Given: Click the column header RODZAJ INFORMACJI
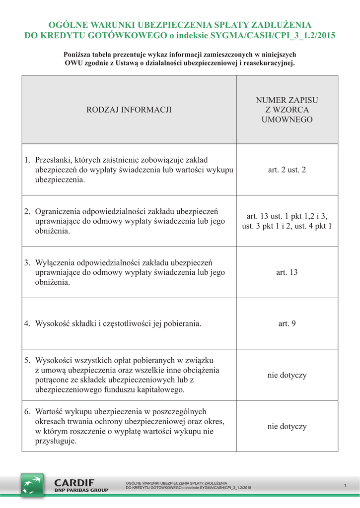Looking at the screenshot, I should [x=129, y=110].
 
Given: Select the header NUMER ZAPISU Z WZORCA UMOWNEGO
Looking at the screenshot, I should [x=287, y=110].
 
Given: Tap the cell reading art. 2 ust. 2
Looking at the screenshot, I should [x=287, y=170].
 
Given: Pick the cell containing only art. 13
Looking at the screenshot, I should [x=287, y=272].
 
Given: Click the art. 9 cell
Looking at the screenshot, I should [x=287, y=323].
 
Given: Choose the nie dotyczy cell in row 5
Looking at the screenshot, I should [x=287, y=375].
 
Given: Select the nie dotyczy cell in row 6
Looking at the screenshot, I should [x=287, y=426].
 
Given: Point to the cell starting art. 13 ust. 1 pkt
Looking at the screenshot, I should [x=287, y=221].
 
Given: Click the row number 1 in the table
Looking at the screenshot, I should [x=27, y=160].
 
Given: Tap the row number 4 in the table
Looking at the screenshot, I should [x=27, y=323].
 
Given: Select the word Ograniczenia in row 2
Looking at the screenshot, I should [x=58, y=211].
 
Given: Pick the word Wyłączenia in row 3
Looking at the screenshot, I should [x=55, y=262].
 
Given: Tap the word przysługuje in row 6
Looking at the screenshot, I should [x=56, y=441].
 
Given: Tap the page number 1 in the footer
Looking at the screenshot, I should [x=345, y=485].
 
